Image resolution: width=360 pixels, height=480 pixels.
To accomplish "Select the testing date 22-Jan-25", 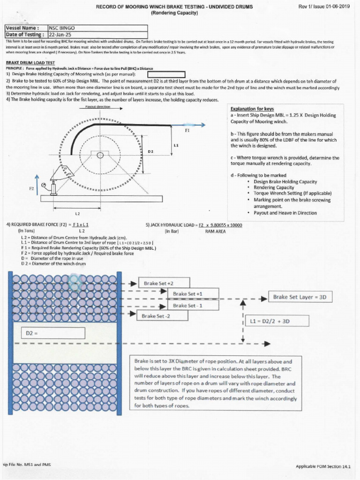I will tap(59, 34).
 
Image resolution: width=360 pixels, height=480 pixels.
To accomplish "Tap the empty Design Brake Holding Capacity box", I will tap(167, 75).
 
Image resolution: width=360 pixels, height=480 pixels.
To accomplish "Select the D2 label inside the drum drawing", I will tap(150, 151).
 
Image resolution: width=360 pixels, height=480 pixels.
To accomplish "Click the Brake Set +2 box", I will tap(164, 283).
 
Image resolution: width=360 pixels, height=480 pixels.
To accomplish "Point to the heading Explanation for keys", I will tap(252, 109).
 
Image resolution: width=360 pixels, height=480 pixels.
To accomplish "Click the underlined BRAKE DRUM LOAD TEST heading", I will tap(30, 62).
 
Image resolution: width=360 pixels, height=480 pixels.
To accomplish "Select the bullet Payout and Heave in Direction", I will tap(285, 213).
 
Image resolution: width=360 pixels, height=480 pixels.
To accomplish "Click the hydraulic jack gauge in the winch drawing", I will tap(44, 185).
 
